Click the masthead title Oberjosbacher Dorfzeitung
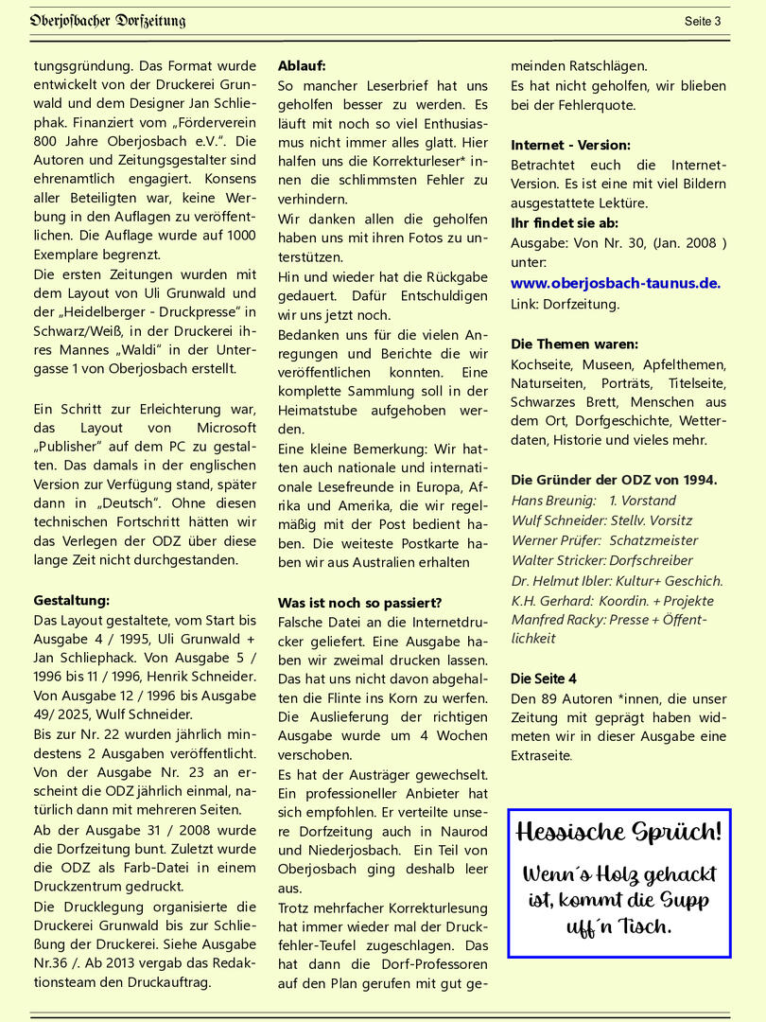point(107,20)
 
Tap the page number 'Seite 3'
point(703,21)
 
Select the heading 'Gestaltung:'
point(72,600)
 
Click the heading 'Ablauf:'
point(302,66)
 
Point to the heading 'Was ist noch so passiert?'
point(359,603)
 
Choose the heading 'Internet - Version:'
point(570,145)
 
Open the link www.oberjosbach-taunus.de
point(616,283)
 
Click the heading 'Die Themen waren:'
point(574,344)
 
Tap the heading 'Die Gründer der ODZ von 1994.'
point(614,479)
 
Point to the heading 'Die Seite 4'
point(543,678)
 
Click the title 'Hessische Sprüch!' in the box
point(618,833)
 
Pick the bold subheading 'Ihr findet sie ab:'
point(565,223)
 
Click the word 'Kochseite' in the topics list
point(541,364)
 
